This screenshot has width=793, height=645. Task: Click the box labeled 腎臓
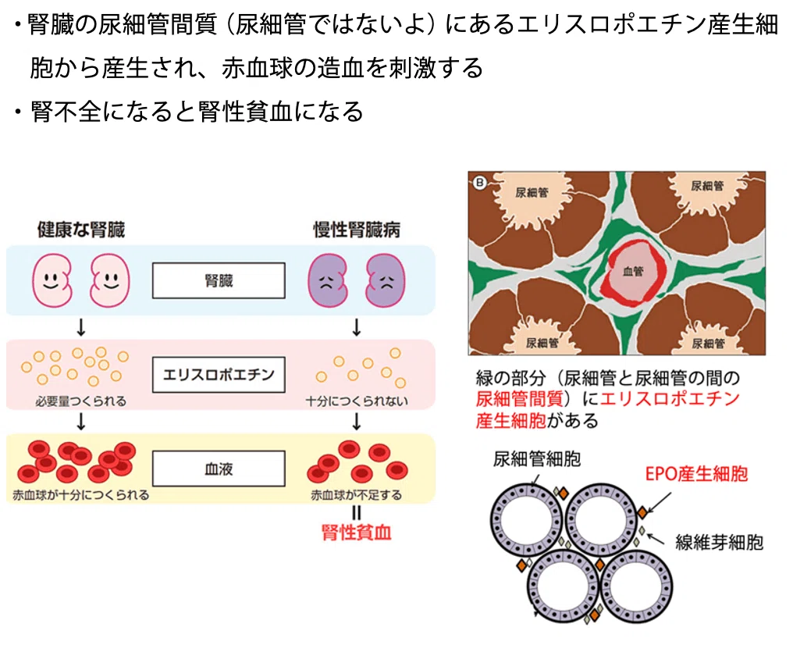tap(219, 280)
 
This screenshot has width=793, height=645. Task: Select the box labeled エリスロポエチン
tap(219, 374)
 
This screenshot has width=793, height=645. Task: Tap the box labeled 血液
tap(219, 469)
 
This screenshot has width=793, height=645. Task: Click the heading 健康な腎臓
tap(81, 230)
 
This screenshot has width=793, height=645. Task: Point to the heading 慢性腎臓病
tap(357, 230)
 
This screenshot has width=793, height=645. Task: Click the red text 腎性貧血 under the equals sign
tap(357, 533)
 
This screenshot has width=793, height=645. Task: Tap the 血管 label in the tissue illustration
tap(633, 272)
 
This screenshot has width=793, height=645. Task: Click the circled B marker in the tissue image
tap(479, 183)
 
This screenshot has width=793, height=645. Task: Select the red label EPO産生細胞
tap(696, 473)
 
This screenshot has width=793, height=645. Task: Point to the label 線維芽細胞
tap(719, 542)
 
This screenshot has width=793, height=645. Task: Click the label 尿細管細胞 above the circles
tap(537, 459)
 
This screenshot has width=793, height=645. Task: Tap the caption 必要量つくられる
tap(81, 401)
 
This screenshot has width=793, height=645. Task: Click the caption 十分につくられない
tap(357, 401)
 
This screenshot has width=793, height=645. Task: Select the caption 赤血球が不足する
tap(357, 495)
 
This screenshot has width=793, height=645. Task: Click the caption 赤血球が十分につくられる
tap(81, 495)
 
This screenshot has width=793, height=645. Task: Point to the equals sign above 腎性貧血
tap(357, 513)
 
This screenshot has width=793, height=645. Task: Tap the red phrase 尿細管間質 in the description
tap(519, 399)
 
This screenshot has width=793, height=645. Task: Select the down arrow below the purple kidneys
tap(357, 328)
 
